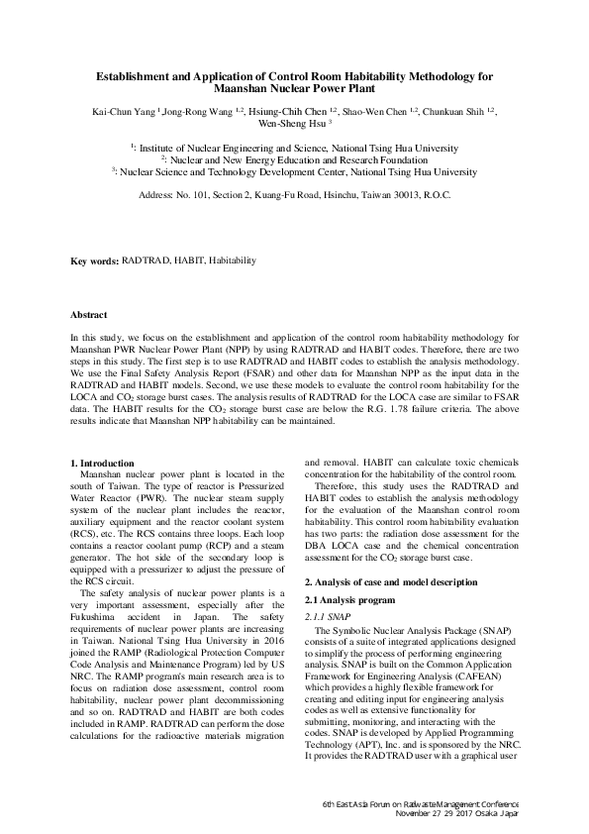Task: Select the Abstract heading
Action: point(89,315)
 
